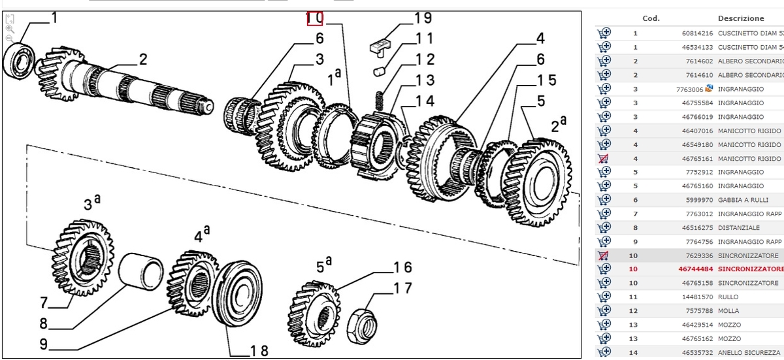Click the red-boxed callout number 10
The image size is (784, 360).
click(x=315, y=19)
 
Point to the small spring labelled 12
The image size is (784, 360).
click(x=382, y=100)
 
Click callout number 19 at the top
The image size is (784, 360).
click(x=423, y=19)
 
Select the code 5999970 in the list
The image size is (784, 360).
click(x=698, y=200)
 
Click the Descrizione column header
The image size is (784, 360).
click(x=740, y=18)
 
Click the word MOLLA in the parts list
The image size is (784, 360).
click(x=728, y=311)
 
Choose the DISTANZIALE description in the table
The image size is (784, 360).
click(x=738, y=228)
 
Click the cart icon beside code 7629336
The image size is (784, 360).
click(x=603, y=255)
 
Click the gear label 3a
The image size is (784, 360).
click(x=91, y=203)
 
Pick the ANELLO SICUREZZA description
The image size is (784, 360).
click(x=749, y=353)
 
